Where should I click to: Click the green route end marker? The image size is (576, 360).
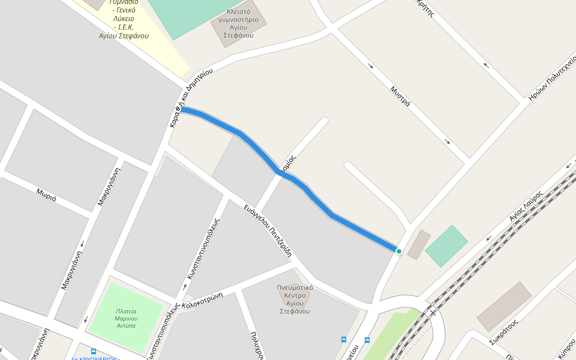399,251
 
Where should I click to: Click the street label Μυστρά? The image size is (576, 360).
400,97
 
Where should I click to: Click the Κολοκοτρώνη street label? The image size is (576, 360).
203,299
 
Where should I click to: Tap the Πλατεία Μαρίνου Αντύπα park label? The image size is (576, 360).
126,319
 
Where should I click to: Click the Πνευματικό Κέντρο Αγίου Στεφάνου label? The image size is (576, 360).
294,299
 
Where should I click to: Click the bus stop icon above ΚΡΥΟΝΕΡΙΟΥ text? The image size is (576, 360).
94,352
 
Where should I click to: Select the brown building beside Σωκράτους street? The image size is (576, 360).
504,307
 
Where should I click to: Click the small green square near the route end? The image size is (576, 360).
446,246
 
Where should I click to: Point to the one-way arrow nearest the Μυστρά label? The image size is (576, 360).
371,65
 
